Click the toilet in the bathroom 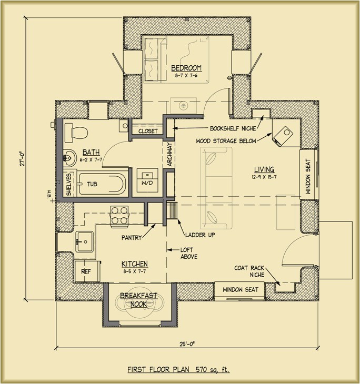click(76, 133)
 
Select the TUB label click(92, 184)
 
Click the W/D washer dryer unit click(147, 180)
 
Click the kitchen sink click(84, 242)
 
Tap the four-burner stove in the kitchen click(119, 216)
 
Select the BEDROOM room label click(186, 68)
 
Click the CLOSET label click(148, 131)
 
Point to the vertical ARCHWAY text click(169, 155)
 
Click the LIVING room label click(264, 169)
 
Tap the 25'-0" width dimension click(187, 344)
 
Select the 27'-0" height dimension click(22, 159)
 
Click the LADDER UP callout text click(200, 235)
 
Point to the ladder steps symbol click(172, 210)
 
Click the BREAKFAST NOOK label click(139, 300)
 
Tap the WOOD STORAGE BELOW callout click(226, 141)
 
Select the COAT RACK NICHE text click(249, 271)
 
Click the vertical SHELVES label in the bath click(69, 185)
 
